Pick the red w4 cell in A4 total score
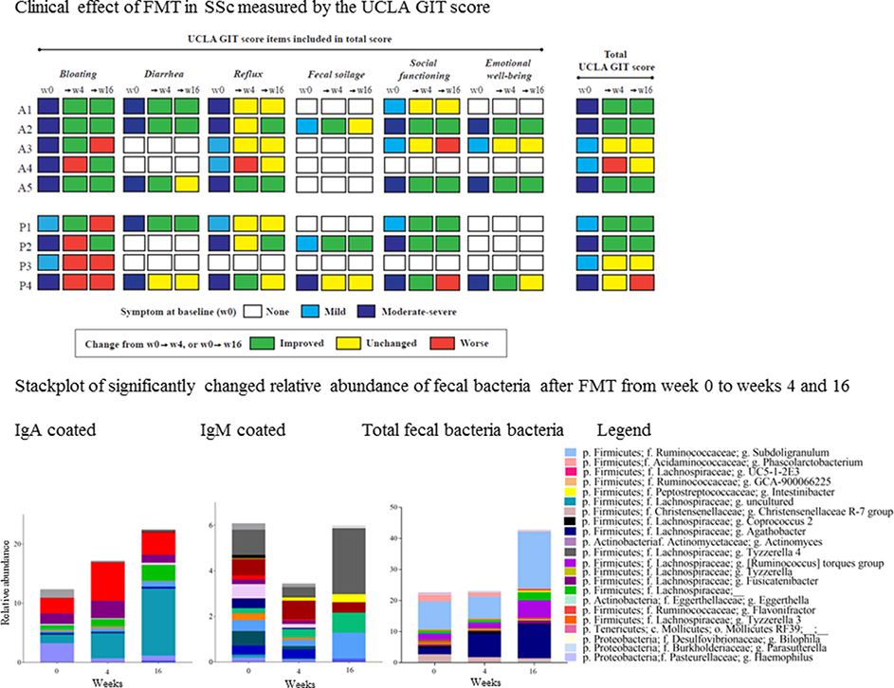(x=617, y=164)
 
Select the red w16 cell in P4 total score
(x=643, y=283)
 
